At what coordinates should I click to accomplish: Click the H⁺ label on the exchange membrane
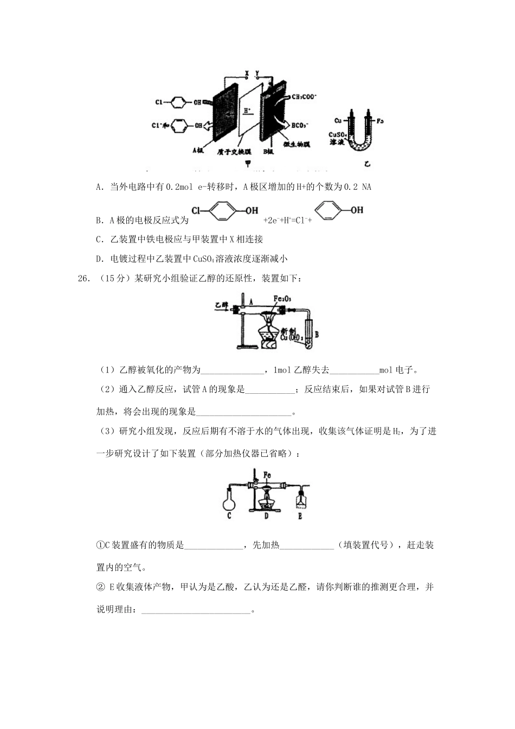[x=247, y=111]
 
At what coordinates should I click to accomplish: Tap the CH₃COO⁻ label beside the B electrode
[x=304, y=97]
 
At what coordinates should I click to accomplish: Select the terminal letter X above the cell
[x=247, y=72]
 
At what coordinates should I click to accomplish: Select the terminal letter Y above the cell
[x=257, y=72]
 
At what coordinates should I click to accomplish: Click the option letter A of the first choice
[x=99, y=187]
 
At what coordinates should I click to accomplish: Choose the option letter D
[x=99, y=259]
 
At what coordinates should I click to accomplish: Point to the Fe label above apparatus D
[x=267, y=475]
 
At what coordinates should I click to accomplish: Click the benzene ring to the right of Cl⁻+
[x=330, y=212]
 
